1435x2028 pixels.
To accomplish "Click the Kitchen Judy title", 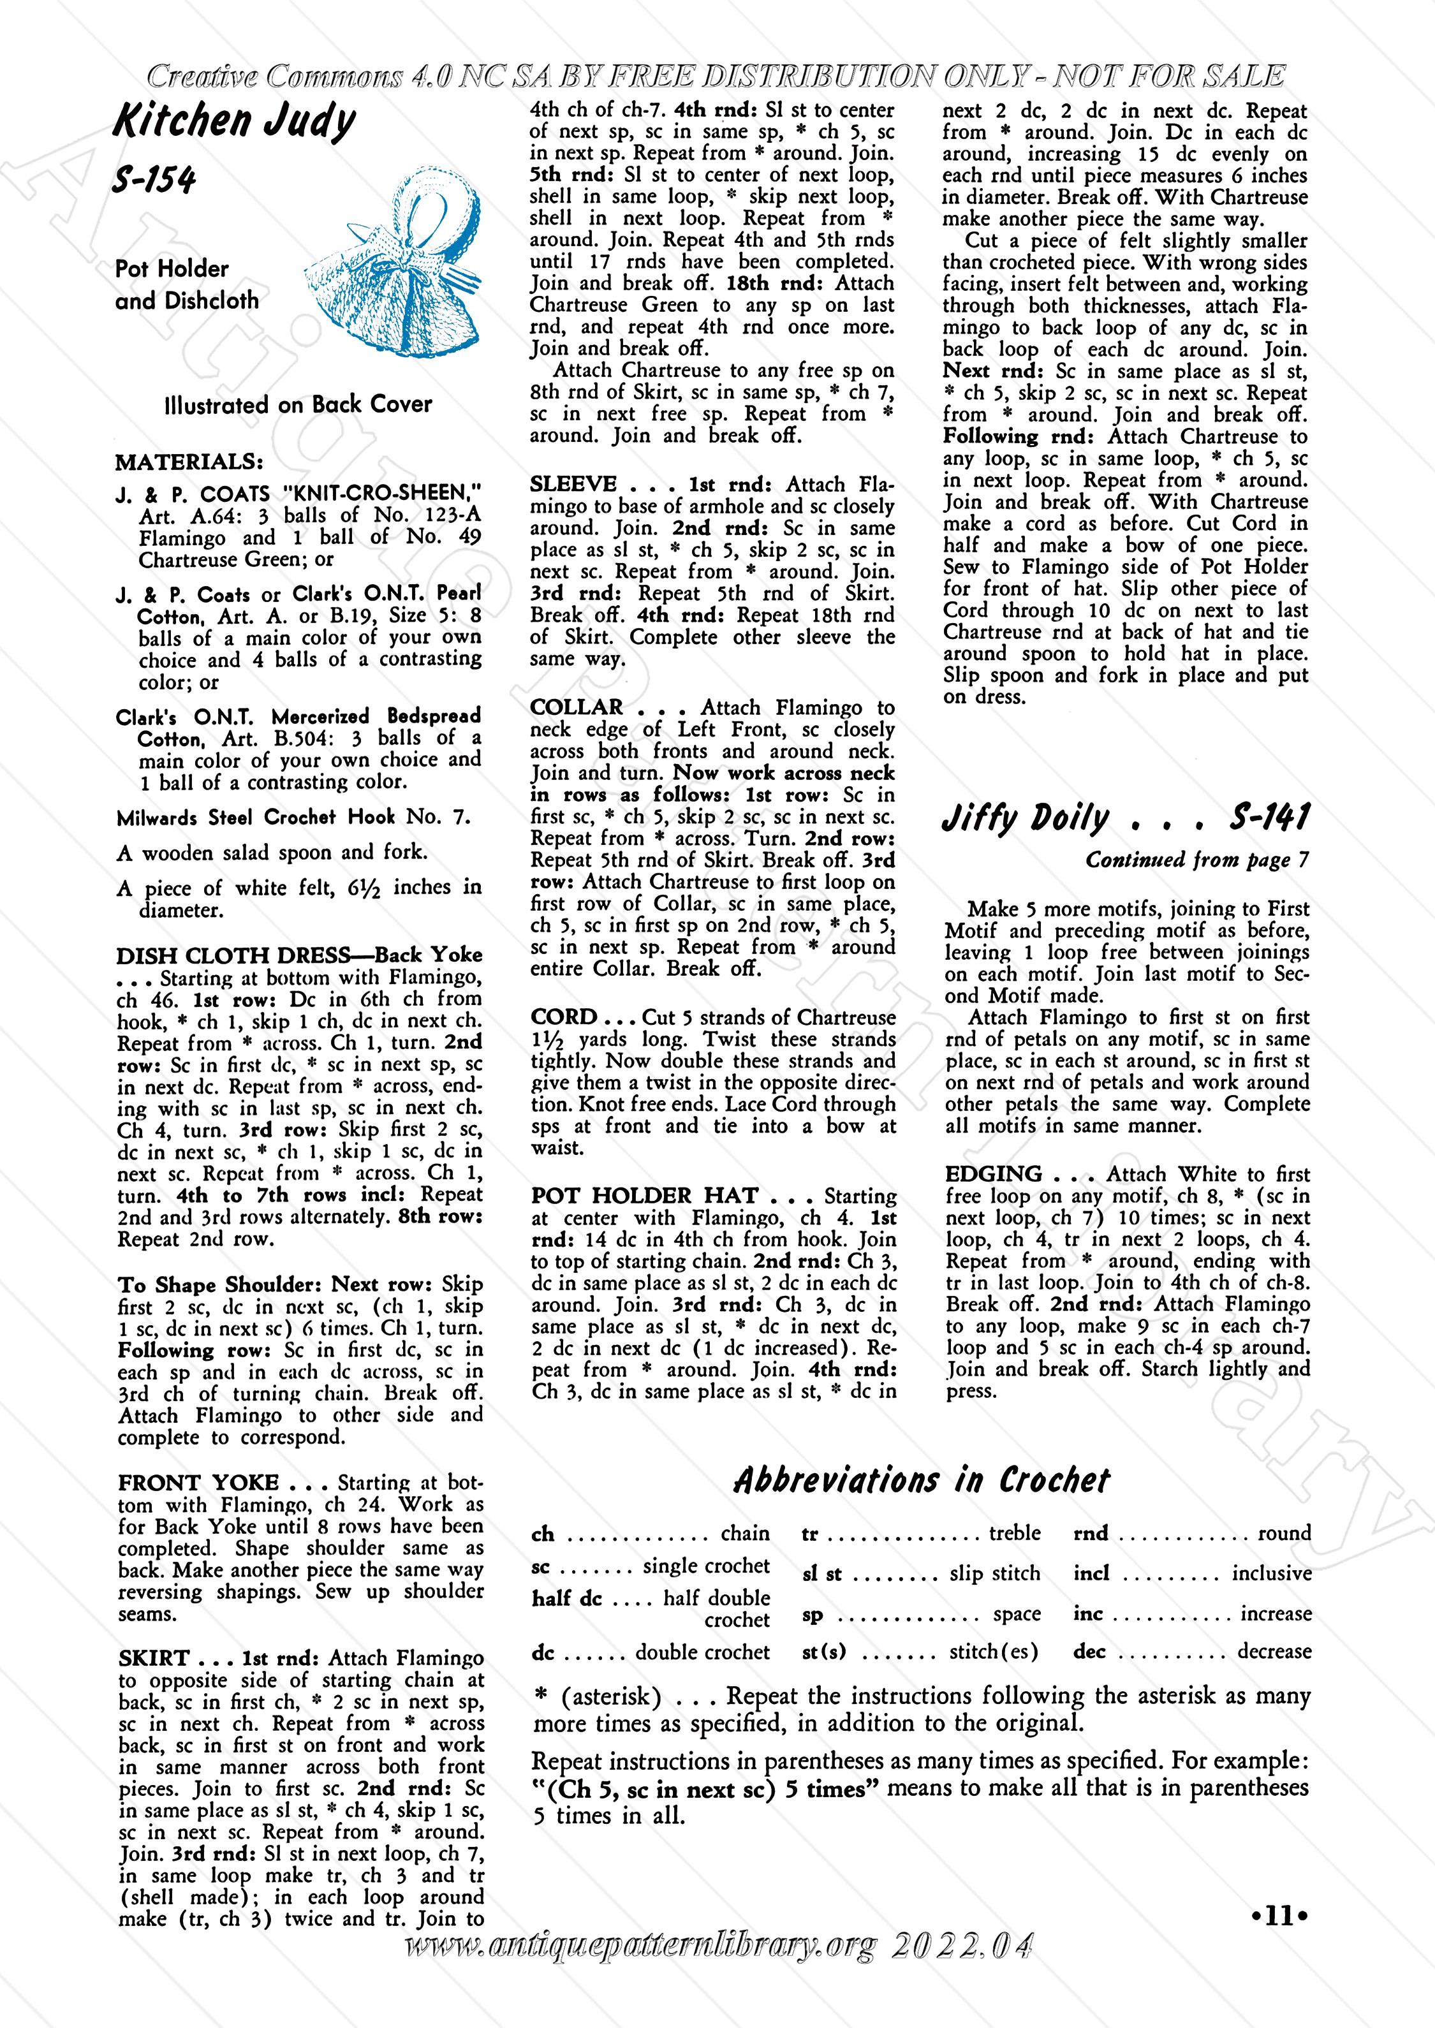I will point(234,121).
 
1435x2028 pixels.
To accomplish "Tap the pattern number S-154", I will point(154,180).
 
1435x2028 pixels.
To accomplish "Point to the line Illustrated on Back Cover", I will point(298,406).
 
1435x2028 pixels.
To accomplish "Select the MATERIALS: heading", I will point(189,462).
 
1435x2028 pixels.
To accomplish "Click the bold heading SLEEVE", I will point(573,484).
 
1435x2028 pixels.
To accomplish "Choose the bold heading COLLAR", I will point(576,708).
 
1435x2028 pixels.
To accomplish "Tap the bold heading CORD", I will point(564,1017).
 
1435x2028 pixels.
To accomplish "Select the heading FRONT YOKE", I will point(199,1483).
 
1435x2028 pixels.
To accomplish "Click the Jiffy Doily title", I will point(1025,819).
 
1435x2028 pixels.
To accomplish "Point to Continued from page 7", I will point(1197,860).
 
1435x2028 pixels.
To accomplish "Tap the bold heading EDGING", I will point(993,1174).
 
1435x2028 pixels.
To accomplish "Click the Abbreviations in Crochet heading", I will point(921,1480).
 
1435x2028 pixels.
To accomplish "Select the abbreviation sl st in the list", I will point(821,1574).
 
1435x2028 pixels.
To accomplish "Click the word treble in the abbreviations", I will point(1015,1533).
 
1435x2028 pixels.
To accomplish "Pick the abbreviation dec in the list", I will point(1089,1652).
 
